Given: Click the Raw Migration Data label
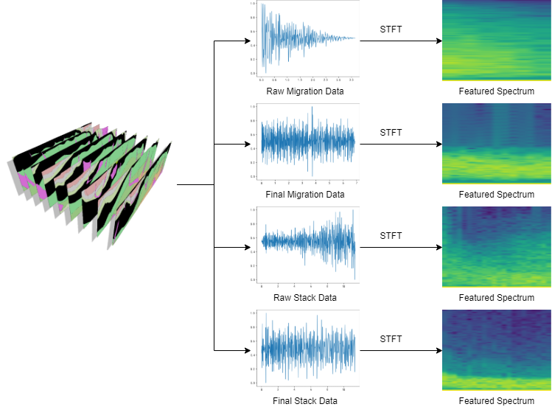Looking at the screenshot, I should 304,91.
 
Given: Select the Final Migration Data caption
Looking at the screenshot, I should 304,195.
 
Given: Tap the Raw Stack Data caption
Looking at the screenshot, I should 304,298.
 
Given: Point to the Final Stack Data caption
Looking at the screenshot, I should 304,401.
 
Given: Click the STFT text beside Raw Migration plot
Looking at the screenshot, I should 391,29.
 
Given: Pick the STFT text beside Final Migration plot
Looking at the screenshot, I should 391,133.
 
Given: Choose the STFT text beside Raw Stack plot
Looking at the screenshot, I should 391,236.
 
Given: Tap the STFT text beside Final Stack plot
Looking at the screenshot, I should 391,339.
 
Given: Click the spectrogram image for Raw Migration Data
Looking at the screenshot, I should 496,41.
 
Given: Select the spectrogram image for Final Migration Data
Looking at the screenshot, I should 496,143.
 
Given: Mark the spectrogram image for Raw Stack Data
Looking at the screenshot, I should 496,246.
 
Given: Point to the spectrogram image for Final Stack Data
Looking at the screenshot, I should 496,349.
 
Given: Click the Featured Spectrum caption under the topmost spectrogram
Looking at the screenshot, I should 496,91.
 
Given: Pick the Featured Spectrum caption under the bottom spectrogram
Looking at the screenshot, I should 496,401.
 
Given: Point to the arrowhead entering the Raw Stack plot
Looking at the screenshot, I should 245,246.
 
